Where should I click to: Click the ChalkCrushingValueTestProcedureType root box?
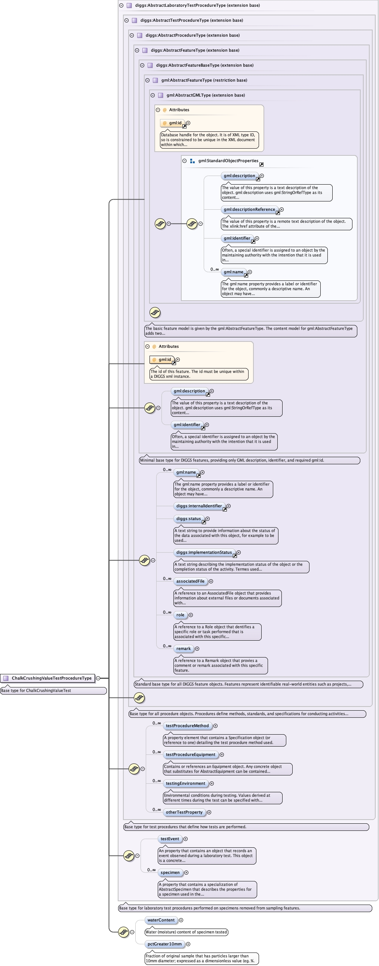coord(48,678)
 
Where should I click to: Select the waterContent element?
coord(161,920)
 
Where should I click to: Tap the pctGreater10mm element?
coord(164,944)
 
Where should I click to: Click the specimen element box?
coord(170,872)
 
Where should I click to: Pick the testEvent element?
coord(170,838)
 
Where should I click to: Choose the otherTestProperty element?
coord(184,812)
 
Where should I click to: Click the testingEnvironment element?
coord(185,783)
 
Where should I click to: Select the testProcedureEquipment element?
coord(190,754)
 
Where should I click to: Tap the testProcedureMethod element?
coord(187,725)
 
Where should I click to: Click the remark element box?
coord(184,648)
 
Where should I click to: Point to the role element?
coord(180,615)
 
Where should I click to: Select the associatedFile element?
coord(190,581)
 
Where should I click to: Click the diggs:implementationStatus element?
coord(204,552)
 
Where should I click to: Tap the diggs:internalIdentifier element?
coord(199,506)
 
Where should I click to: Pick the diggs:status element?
coord(188,519)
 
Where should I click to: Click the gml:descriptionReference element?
coord(249,209)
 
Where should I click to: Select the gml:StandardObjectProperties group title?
coord(228,161)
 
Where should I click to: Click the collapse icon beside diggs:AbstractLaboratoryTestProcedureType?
coord(121,5)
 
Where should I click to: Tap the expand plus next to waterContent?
coord(181,920)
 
